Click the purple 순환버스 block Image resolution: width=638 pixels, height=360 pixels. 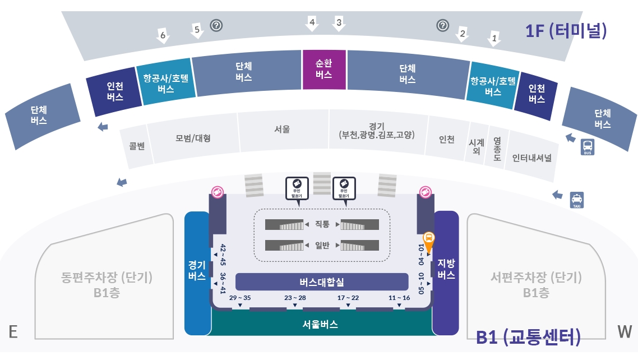324,69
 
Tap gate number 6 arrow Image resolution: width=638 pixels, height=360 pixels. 163,35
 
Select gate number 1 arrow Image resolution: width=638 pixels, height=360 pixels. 494,38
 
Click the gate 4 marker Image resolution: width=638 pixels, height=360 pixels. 312,24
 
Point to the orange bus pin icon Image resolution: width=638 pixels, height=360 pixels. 428,241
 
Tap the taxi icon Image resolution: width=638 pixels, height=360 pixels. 577,200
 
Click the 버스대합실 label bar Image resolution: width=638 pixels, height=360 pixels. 322,281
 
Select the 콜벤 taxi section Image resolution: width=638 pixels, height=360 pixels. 137,146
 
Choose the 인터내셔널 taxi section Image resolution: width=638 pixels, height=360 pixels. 531,158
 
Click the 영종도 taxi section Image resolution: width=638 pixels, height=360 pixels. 497,149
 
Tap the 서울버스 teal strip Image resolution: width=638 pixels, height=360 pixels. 321,324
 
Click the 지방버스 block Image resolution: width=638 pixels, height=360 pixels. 446,269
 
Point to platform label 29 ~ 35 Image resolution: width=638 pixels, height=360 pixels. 240,297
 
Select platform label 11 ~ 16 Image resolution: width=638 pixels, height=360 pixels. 399,297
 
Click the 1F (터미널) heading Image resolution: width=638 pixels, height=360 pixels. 566,30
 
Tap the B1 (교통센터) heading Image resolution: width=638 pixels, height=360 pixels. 528,337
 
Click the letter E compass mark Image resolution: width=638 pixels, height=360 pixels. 13,332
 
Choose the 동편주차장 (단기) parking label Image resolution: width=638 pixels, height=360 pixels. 107,277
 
